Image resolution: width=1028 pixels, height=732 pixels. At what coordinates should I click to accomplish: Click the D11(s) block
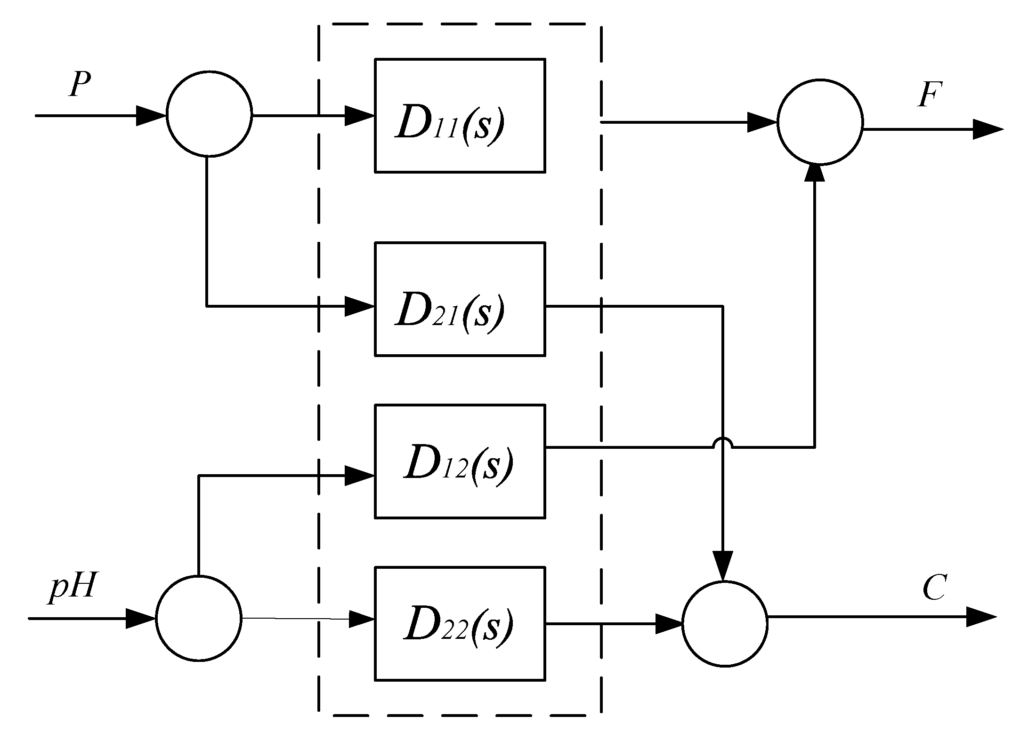click(460, 116)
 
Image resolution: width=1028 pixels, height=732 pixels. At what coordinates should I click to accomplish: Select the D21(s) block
click(460, 299)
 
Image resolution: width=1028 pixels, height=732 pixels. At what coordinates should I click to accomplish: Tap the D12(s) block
click(460, 461)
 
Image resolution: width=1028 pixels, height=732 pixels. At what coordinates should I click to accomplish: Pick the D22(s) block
click(460, 624)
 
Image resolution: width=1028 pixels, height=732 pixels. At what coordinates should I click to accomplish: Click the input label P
click(79, 85)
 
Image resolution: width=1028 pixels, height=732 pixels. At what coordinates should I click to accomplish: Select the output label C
click(933, 589)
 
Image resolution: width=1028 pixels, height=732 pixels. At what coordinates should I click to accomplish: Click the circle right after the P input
click(209, 114)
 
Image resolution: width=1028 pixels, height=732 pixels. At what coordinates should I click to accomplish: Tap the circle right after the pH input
click(198, 619)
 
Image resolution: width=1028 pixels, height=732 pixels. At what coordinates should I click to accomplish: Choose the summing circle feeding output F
click(820, 122)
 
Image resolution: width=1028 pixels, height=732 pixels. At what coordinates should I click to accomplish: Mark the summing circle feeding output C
click(725, 624)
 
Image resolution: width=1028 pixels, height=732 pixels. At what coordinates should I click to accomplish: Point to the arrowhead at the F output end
click(987, 129)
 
